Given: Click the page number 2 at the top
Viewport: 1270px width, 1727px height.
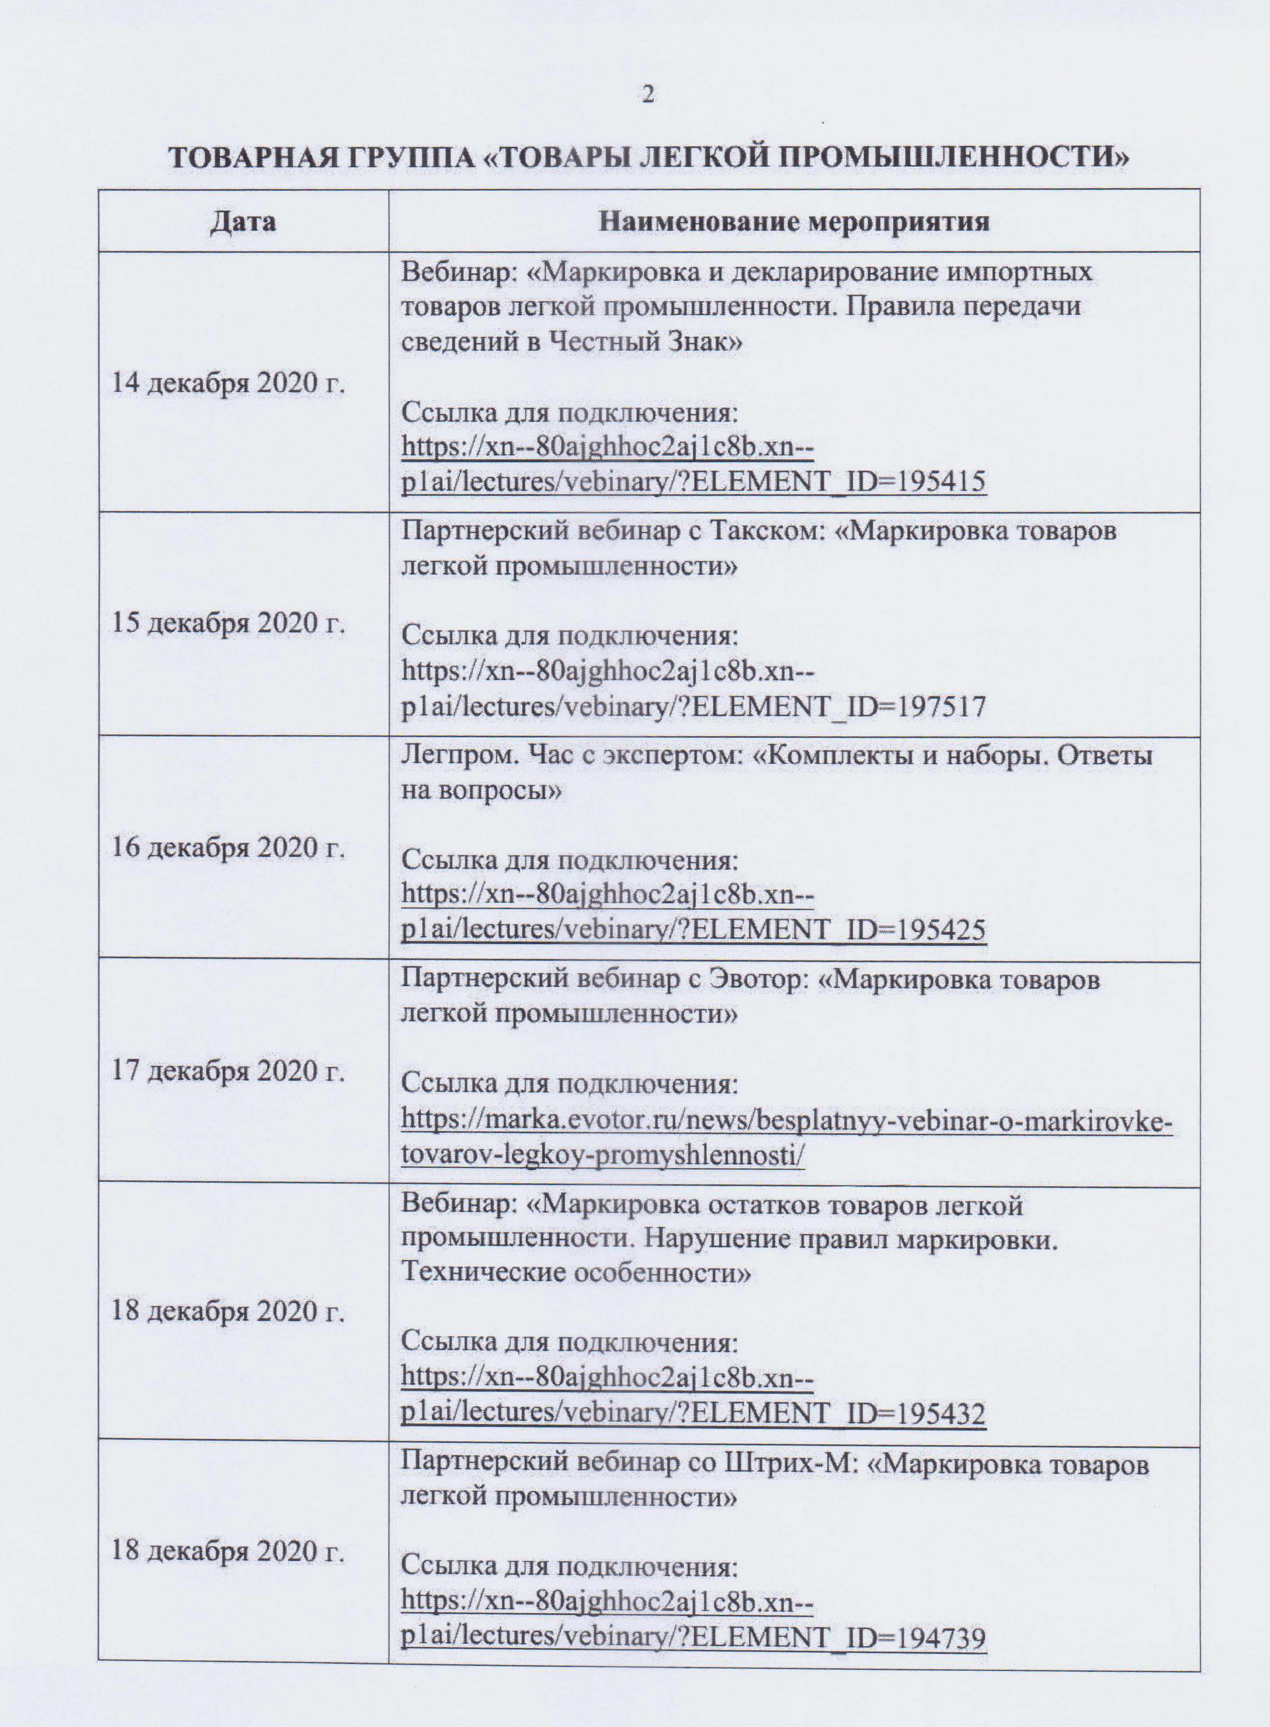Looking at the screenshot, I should [648, 95].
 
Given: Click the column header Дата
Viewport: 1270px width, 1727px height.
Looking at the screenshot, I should [243, 222].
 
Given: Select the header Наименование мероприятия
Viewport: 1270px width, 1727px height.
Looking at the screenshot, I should [793, 222].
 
